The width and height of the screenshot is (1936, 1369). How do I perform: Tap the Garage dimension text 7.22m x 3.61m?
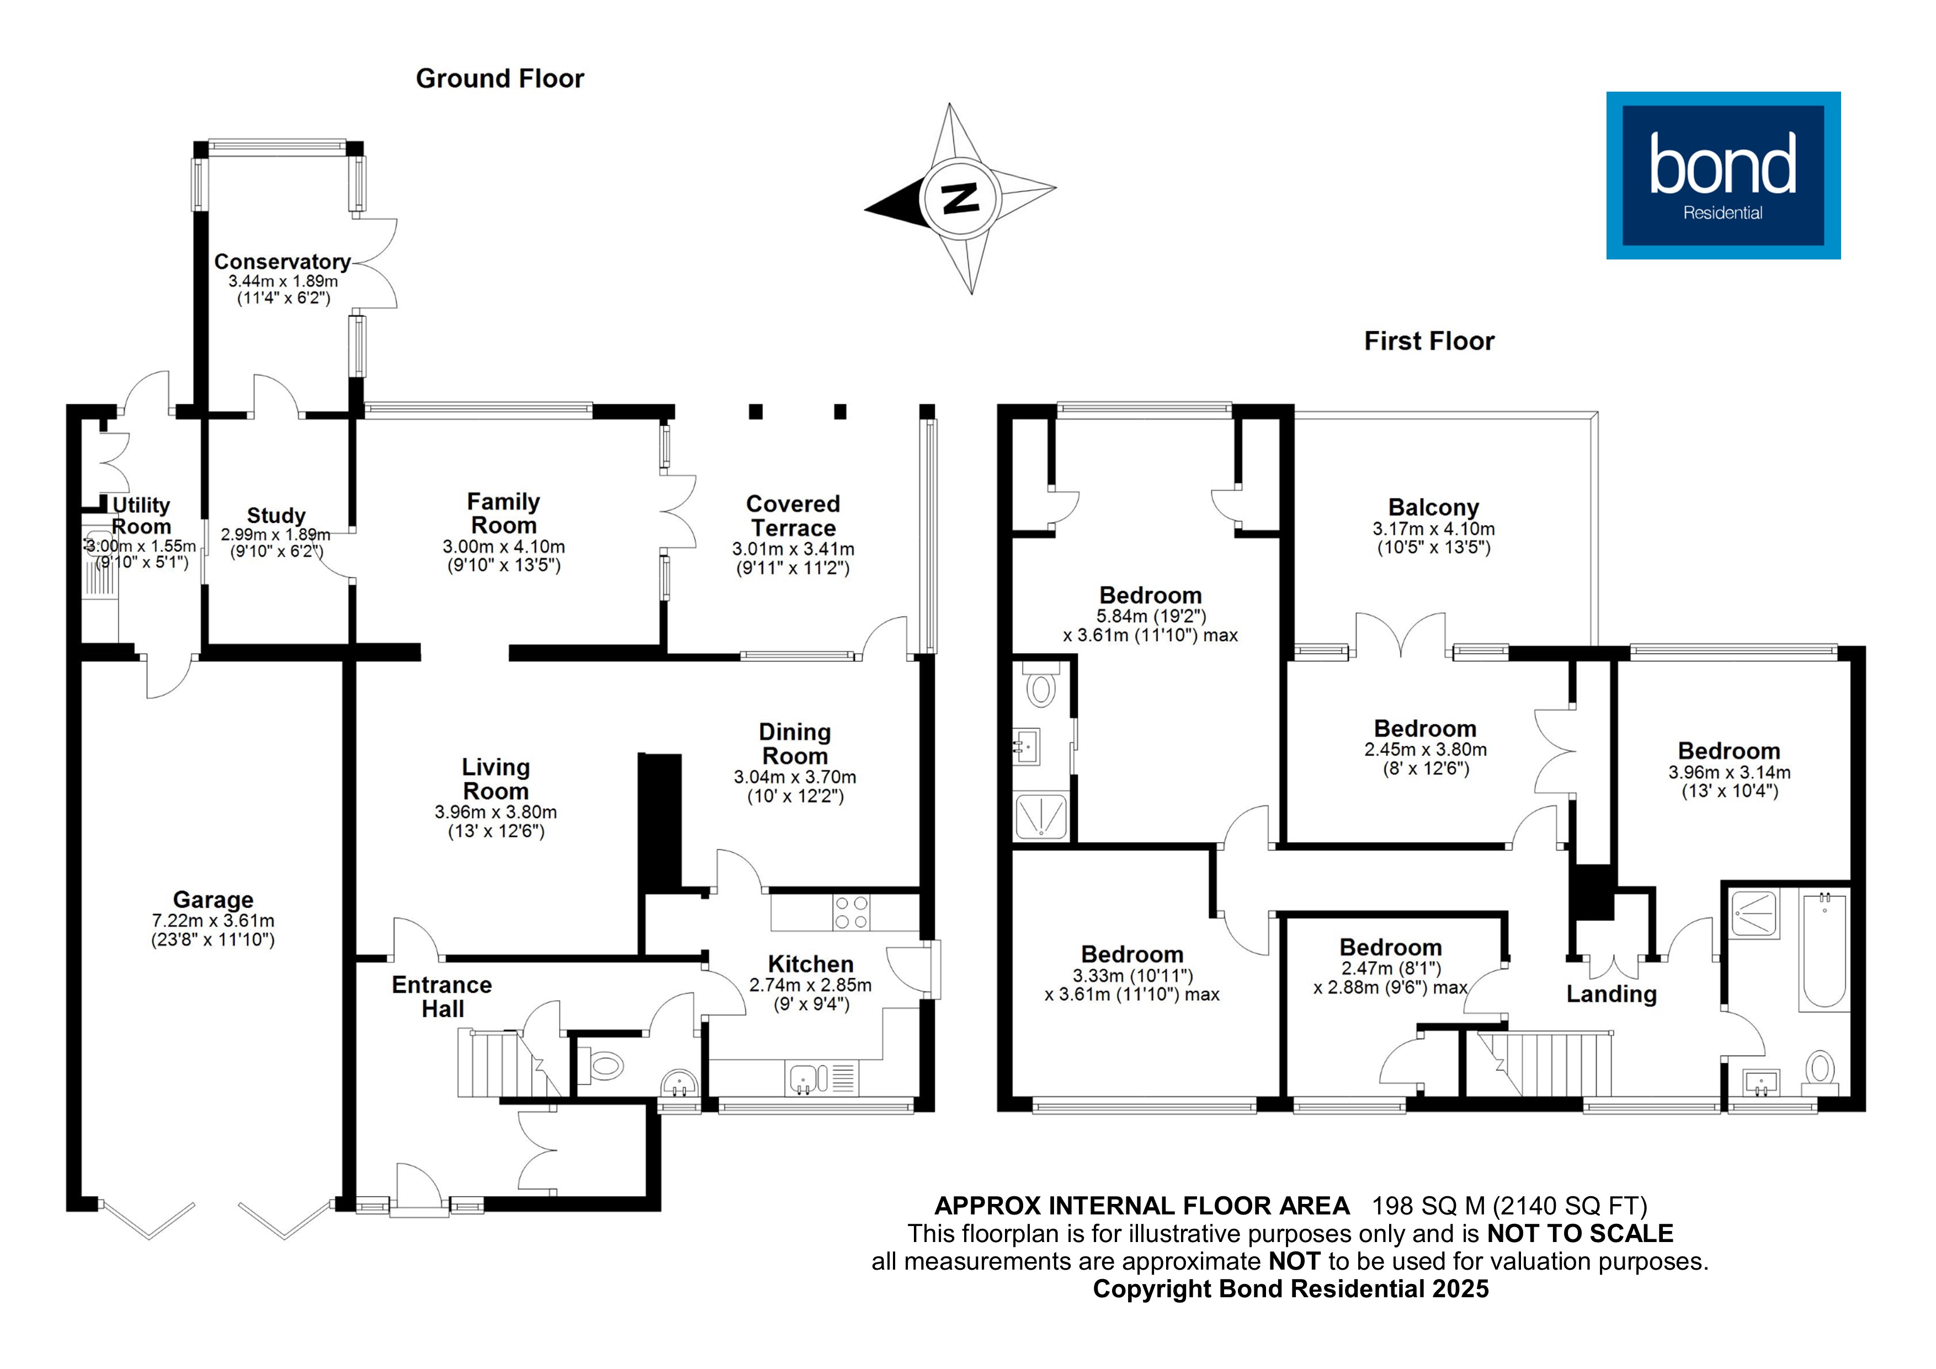pos(212,921)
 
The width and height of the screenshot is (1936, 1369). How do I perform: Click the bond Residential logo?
pos(1722,176)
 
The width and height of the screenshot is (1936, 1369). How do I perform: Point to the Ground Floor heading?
pos(499,78)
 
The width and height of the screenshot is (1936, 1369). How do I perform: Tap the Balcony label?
pos(1433,508)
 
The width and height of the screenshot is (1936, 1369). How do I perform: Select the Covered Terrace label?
pos(793,516)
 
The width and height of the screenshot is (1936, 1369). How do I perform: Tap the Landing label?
pos(1610,995)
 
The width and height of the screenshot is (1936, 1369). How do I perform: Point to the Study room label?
pos(276,516)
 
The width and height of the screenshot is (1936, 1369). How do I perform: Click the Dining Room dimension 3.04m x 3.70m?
pos(794,777)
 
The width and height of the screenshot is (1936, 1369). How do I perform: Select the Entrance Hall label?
pos(442,997)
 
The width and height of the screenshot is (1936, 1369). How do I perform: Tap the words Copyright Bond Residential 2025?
pos(1290,1289)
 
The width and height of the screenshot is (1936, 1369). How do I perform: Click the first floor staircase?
pos(1543,1064)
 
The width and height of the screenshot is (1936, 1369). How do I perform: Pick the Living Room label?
pos(496,779)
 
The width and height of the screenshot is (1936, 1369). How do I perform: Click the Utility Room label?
pos(141,516)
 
